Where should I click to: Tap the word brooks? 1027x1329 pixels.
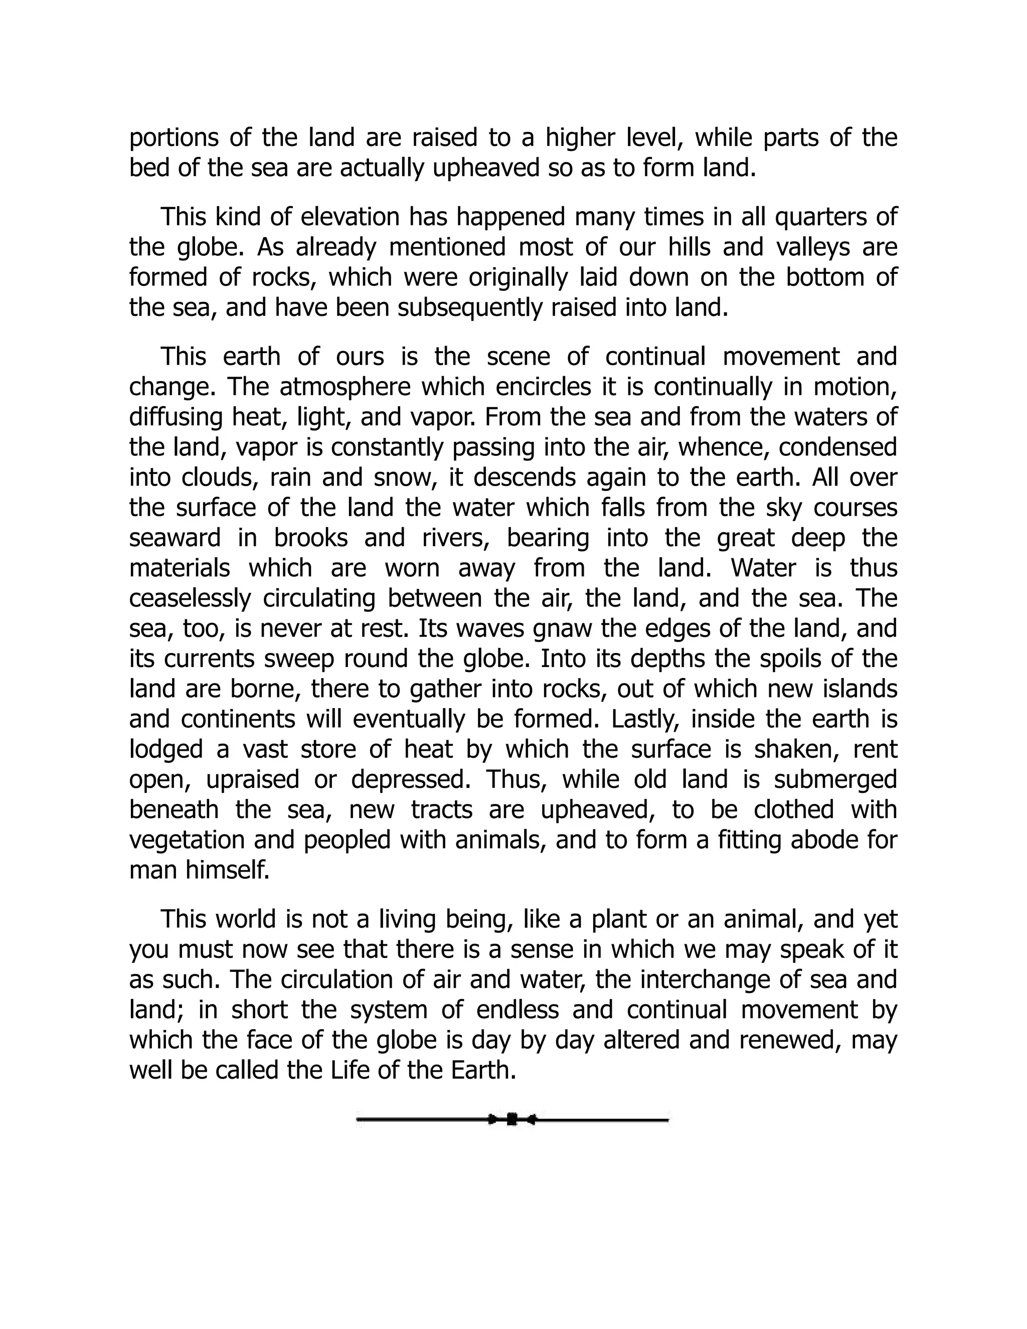(310, 539)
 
